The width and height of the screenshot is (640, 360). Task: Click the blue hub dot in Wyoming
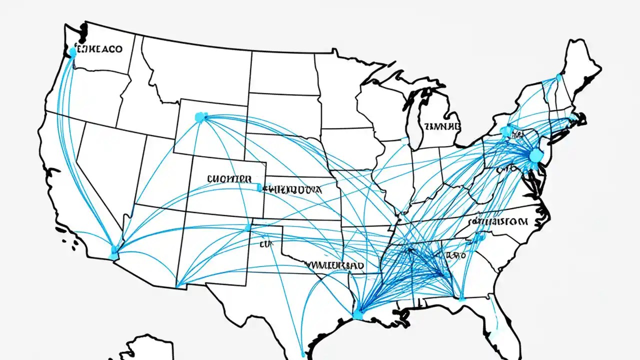(200, 117)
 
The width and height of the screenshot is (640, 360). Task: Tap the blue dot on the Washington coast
(73, 51)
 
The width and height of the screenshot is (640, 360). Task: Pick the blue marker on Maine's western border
(559, 77)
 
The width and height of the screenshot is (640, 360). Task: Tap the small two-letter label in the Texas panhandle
(265, 245)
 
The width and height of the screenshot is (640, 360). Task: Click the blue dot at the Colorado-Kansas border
(258, 188)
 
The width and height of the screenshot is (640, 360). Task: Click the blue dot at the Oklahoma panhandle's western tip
(248, 227)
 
